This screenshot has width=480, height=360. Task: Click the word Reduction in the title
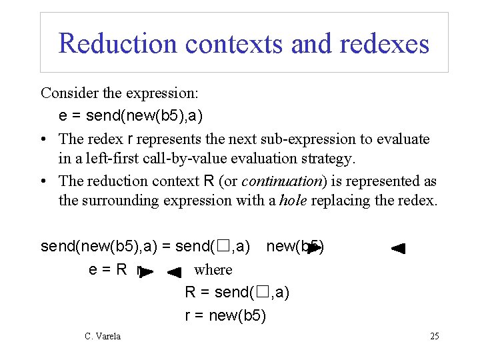pyautogui.click(x=118, y=43)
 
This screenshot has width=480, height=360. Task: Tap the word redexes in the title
pyautogui.click(x=384, y=43)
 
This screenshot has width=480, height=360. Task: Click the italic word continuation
pyautogui.click(x=279, y=181)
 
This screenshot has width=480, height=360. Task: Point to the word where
pyautogui.click(x=213, y=269)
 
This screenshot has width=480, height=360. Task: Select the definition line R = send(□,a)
pyautogui.click(x=237, y=292)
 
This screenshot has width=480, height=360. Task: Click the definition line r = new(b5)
pyautogui.click(x=225, y=315)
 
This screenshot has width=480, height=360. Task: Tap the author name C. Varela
pyautogui.click(x=103, y=336)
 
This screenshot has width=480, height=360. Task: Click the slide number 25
pyautogui.click(x=434, y=336)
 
